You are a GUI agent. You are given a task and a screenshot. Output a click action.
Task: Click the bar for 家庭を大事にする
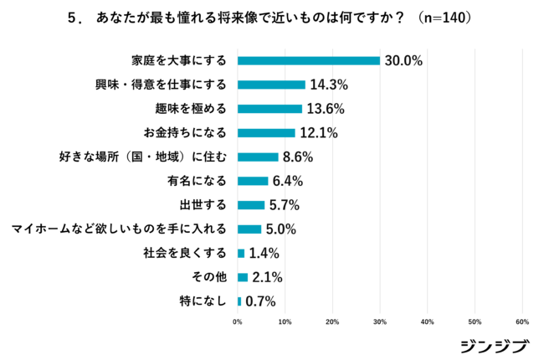pos(309,60)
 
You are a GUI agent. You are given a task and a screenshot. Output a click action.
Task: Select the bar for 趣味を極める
pos(269,109)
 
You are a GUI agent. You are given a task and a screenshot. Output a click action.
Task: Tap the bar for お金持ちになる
pos(266,132)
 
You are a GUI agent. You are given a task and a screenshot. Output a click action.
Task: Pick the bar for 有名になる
pos(253,181)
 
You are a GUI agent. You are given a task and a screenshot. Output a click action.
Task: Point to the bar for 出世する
pos(251,205)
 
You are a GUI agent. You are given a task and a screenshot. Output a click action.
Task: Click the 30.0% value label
pos(403,60)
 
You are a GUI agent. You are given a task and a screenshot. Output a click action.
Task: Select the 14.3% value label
pos(329,85)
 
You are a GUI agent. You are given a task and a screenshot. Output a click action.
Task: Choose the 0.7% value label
pos(260,301)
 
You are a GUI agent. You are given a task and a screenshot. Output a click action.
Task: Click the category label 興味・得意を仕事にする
pos(162,85)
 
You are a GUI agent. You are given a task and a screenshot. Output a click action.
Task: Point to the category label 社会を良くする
pos(185,253)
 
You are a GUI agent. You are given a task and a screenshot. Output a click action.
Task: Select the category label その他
pos(208,277)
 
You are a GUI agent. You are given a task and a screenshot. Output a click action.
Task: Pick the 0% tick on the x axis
pos(238,321)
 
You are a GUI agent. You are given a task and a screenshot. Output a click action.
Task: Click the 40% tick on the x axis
pos(428,321)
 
